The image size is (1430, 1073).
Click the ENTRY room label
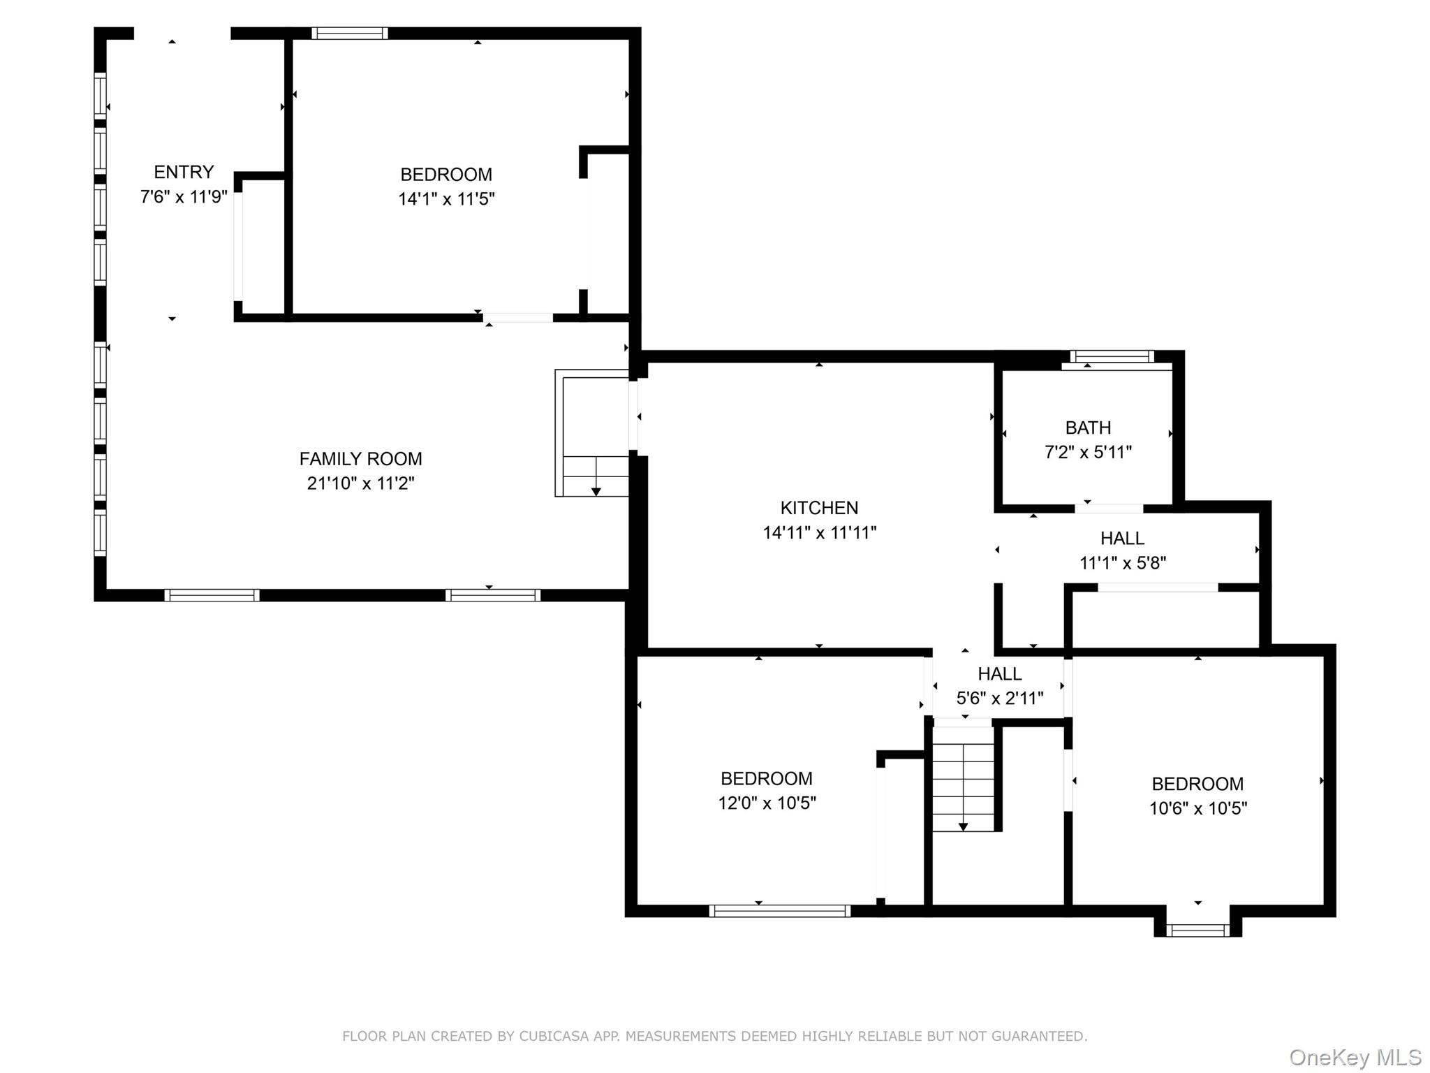(x=184, y=172)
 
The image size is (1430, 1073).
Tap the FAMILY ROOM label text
(x=361, y=459)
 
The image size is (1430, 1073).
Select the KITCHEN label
(x=819, y=508)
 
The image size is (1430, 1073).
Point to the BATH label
(x=1088, y=428)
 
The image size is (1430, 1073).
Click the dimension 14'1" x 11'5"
(x=446, y=199)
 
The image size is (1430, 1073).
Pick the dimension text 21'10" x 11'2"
(x=361, y=483)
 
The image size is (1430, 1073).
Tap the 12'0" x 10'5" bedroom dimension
(x=767, y=803)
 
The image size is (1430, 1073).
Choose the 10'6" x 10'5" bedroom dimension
(x=1198, y=808)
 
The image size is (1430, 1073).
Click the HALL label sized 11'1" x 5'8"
(x=1122, y=539)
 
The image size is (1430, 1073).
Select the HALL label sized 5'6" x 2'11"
(x=999, y=674)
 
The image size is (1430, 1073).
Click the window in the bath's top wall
(x=1112, y=357)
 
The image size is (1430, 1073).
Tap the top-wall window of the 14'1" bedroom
(x=349, y=33)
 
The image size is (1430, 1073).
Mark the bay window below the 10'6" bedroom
(x=1197, y=930)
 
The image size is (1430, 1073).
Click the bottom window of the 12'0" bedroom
(x=779, y=911)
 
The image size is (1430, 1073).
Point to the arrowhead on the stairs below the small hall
(x=963, y=827)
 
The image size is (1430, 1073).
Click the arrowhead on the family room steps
(x=596, y=492)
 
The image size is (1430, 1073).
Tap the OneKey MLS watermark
(x=1355, y=1058)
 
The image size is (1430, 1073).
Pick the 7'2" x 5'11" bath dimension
(x=1088, y=453)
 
